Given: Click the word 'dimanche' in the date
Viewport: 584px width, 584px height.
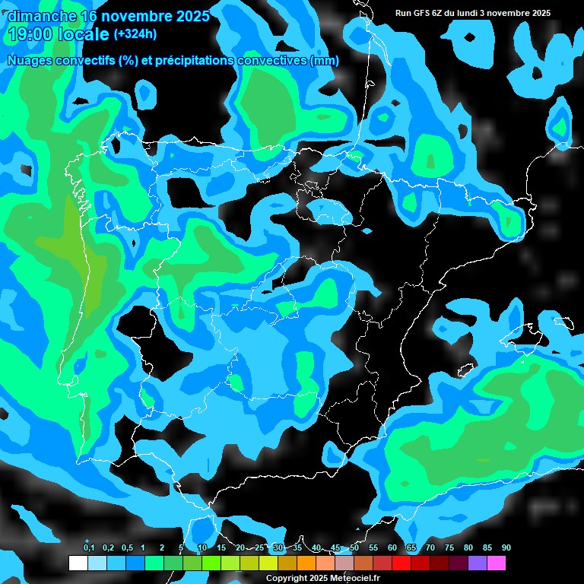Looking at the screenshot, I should click(x=42, y=16).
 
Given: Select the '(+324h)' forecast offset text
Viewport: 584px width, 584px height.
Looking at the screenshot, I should click(x=135, y=34).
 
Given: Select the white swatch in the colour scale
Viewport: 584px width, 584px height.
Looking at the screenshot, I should click(x=78, y=563).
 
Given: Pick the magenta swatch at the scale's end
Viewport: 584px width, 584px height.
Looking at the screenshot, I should click(x=496, y=563).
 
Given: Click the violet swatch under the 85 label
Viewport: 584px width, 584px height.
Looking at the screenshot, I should click(x=477, y=563).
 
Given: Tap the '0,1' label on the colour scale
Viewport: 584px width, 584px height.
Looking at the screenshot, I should click(x=89, y=548).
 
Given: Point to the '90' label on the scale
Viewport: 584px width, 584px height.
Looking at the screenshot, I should click(x=506, y=548).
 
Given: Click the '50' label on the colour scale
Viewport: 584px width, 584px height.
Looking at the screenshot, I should click(x=354, y=548).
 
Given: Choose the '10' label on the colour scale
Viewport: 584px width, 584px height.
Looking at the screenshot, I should click(x=202, y=548).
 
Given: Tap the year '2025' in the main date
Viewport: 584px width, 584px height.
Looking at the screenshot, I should click(x=187, y=16).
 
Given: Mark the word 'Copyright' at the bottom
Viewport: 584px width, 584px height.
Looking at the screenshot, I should click(x=284, y=579).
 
